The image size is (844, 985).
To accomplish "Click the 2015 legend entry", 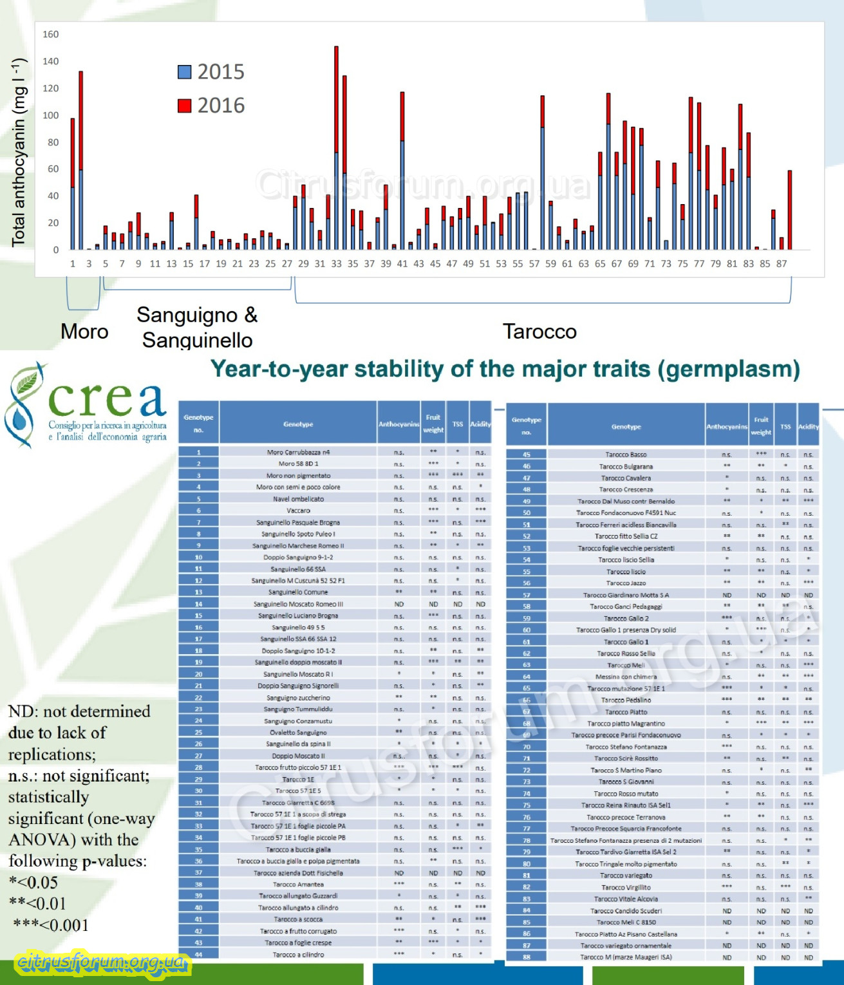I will click(x=211, y=71).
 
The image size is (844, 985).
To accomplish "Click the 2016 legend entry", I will click(x=211, y=105).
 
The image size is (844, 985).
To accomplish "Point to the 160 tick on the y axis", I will click(x=51, y=34).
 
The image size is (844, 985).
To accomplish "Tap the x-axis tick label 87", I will click(x=782, y=263).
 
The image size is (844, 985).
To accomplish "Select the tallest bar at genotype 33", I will click(x=336, y=148).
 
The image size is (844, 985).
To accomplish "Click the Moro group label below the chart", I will click(x=84, y=332).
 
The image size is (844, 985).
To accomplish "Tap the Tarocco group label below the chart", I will click(x=539, y=332).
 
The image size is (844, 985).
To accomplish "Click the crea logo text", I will click(x=107, y=400).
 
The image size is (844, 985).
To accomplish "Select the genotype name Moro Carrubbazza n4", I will click(x=298, y=452).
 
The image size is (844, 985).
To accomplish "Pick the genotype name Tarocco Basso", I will click(x=626, y=455).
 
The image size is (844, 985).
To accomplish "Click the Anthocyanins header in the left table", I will click(x=399, y=424).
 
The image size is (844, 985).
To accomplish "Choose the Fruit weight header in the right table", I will click(x=761, y=426).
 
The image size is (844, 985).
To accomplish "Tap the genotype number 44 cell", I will click(x=198, y=955).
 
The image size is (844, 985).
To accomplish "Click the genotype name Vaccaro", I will click(x=298, y=511).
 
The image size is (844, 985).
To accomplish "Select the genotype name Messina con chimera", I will click(x=626, y=677).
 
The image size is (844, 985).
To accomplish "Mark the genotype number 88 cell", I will click(x=527, y=957).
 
